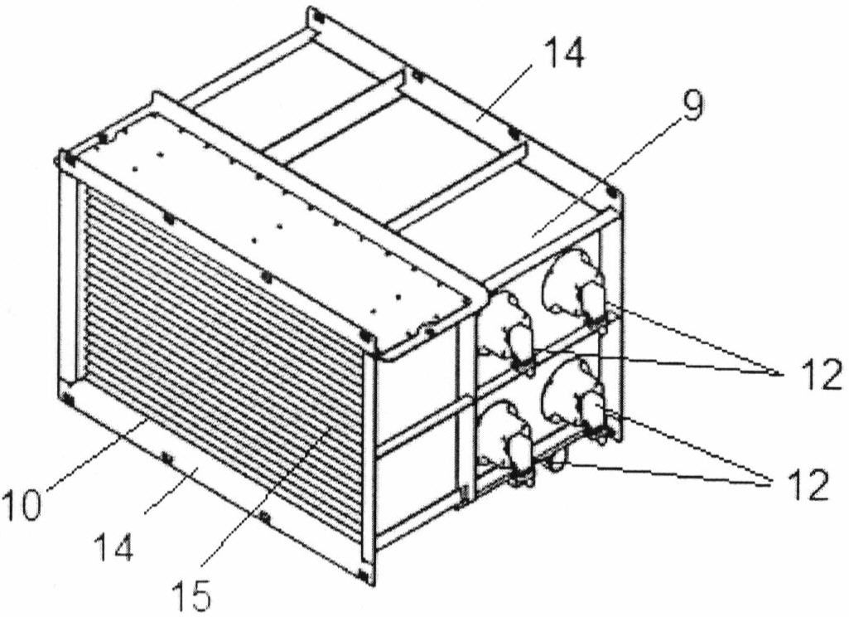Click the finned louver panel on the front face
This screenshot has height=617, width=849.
[224, 348]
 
